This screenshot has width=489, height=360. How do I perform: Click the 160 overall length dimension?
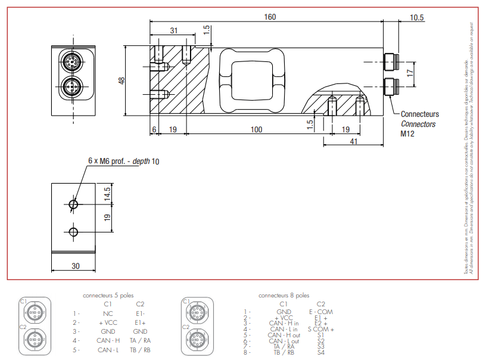click(x=270, y=17)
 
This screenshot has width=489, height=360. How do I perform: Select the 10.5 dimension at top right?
click(x=417, y=17)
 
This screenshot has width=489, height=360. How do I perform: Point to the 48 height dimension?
click(x=122, y=80)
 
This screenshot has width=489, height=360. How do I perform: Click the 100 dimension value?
click(x=256, y=129)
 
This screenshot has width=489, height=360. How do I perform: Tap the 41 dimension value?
click(x=354, y=141)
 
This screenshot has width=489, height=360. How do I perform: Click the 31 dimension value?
click(x=173, y=30)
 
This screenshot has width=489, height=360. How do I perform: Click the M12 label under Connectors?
click(x=407, y=134)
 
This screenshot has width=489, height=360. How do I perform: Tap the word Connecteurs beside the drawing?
click(x=420, y=114)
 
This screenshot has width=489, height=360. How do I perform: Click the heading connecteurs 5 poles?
click(x=109, y=295)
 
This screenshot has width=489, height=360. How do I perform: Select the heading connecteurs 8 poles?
click(x=284, y=295)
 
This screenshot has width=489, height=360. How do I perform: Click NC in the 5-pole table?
click(x=108, y=312)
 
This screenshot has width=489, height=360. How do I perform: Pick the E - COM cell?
click(x=321, y=311)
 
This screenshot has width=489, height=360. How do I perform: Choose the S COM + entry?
click(x=321, y=329)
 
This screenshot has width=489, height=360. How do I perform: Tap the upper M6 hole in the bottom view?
click(x=73, y=204)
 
